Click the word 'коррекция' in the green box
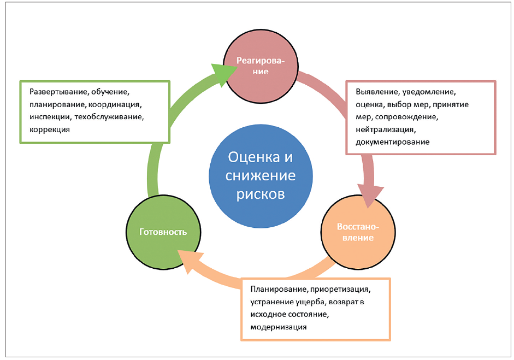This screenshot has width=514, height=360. click(x=50, y=130)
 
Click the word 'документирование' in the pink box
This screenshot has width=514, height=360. click(x=392, y=142)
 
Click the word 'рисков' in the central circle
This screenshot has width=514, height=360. click(x=261, y=194)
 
